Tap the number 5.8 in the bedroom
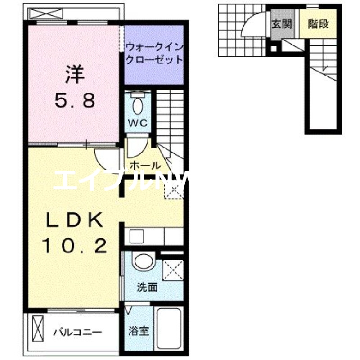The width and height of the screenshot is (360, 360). pyautogui.click(x=76, y=100)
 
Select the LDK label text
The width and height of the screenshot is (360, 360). pyautogui.click(x=75, y=220)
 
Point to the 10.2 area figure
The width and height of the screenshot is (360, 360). pyautogui.click(x=75, y=246)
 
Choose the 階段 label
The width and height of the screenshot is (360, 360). pyautogui.click(x=318, y=24)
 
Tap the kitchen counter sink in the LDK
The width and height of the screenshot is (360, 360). pyautogui.click(x=135, y=235)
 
